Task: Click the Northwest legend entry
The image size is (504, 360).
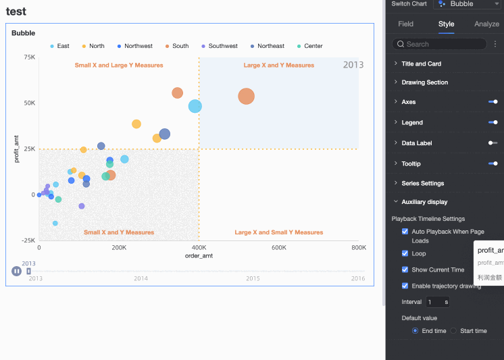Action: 138,46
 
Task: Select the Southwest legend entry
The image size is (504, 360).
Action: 222,46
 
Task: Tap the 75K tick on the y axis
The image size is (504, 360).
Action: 29,57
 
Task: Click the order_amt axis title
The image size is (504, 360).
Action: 199,256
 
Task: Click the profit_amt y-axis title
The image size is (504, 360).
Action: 17,149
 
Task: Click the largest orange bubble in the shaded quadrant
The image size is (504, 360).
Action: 246,97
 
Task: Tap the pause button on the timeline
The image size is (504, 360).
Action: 16,271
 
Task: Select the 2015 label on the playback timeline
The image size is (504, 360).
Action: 253,278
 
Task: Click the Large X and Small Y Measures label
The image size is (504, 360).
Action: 278,232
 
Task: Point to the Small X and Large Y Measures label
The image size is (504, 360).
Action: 118,66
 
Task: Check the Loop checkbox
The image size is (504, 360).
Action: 405,254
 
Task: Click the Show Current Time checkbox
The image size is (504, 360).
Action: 405,269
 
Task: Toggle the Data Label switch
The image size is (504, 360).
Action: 493,143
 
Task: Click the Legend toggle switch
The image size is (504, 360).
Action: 493,122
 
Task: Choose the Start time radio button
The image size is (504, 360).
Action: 454,331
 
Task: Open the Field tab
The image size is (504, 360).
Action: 405,24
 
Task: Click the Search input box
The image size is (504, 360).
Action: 443,44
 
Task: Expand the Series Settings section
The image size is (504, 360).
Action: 422,183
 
